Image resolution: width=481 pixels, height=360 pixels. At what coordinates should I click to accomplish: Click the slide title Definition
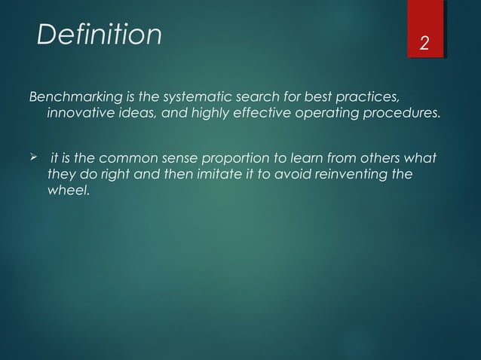click(x=100, y=34)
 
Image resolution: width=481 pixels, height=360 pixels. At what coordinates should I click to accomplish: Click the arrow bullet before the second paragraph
click(x=33, y=159)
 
